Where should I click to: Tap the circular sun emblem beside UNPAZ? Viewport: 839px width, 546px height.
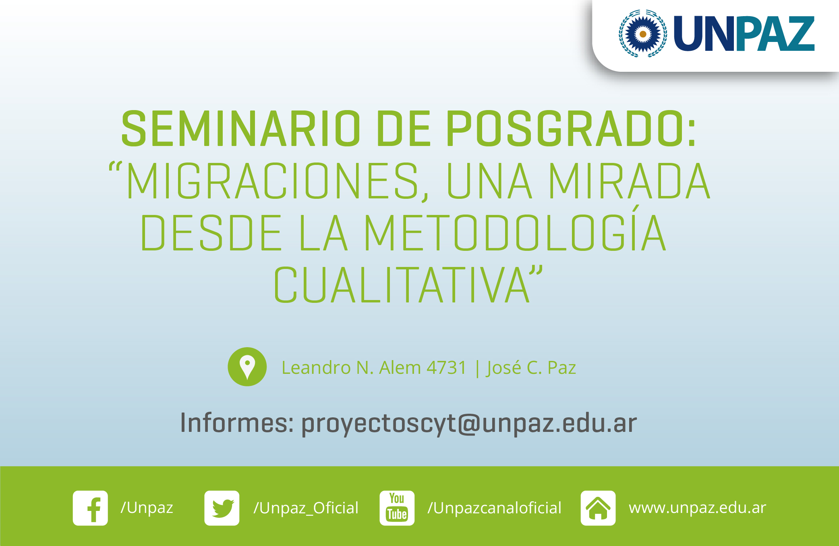click(x=643, y=34)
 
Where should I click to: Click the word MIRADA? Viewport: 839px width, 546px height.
click(x=630, y=181)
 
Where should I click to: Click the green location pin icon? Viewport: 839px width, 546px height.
click(x=247, y=367)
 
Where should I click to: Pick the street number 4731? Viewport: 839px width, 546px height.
click(x=446, y=368)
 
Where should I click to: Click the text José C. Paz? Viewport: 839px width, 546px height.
click(x=531, y=368)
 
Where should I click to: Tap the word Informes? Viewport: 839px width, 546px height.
click(x=237, y=423)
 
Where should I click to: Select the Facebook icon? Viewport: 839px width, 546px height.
click(x=90, y=508)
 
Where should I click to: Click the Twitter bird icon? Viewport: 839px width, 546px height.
click(x=222, y=508)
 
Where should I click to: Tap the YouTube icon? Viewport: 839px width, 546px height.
click(x=397, y=508)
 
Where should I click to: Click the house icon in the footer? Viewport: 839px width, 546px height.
click(x=598, y=508)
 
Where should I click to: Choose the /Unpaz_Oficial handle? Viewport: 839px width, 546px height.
click(x=306, y=508)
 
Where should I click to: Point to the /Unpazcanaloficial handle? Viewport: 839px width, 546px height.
click(x=494, y=508)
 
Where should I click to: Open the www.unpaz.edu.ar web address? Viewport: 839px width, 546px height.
click(x=698, y=508)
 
